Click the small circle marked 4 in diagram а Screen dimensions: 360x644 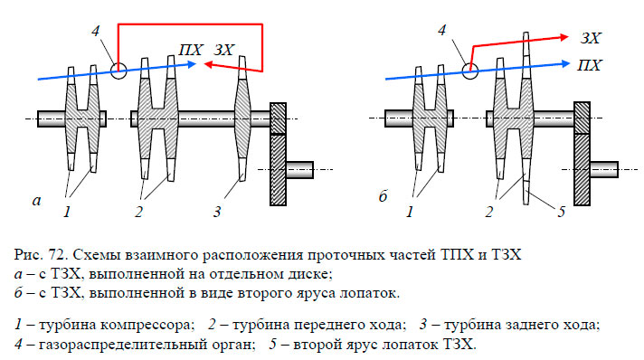118,69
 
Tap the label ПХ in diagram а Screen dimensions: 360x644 191,50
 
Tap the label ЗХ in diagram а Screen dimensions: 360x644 224,50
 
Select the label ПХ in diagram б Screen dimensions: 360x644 589,65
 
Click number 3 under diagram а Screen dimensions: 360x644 217,213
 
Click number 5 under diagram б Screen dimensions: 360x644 560,213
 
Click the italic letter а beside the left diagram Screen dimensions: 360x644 36,201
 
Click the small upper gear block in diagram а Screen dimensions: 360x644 279,118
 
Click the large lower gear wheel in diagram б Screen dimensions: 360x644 582,168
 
